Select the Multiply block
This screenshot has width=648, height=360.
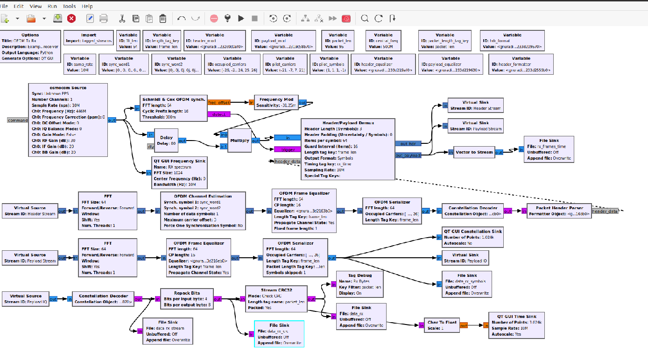(x=239, y=141)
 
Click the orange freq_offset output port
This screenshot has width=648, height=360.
(x=219, y=102)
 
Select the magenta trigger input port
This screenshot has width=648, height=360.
(x=288, y=149)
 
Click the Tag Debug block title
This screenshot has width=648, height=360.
(x=360, y=275)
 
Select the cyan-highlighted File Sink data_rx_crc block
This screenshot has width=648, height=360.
(x=279, y=334)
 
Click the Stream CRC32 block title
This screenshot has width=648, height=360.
(x=276, y=290)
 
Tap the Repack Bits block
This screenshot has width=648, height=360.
(x=187, y=299)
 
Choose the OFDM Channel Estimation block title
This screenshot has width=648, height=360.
(x=203, y=196)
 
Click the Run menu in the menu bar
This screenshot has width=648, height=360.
(x=53, y=7)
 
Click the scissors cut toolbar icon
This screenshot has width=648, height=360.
(x=121, y=19)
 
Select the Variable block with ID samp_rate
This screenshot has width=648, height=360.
(x=80, y=64)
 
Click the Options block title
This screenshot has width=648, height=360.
(x=30, y=35)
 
